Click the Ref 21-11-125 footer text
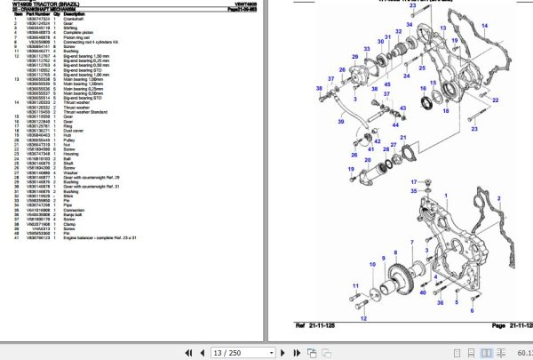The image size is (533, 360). (x=319, y=326)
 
